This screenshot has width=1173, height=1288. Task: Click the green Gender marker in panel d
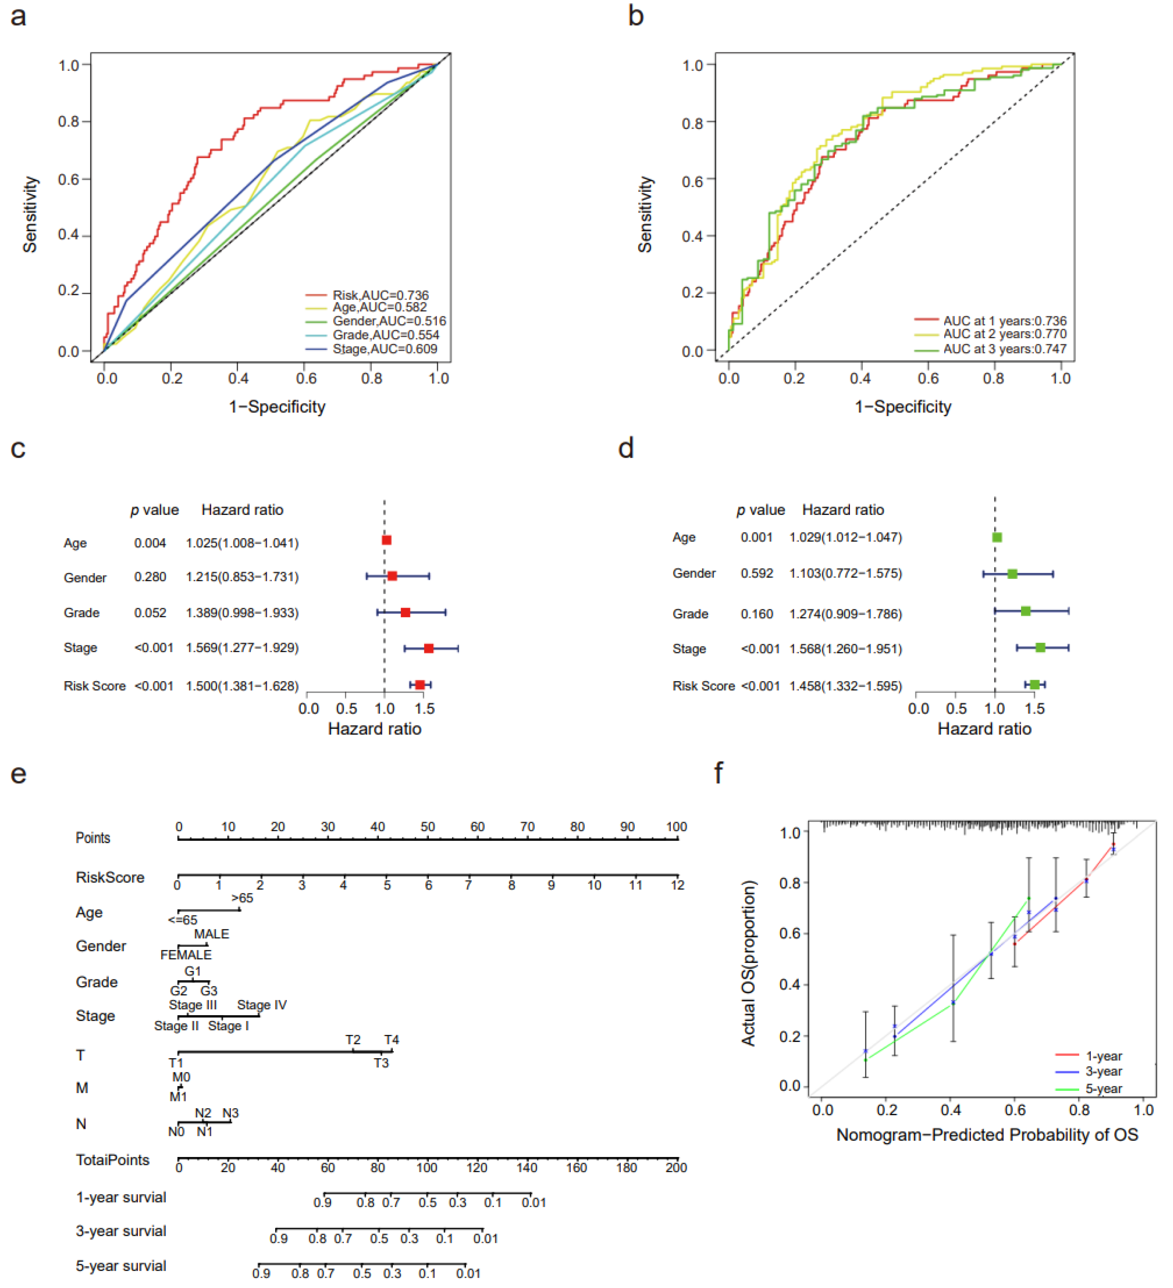[1012, 574]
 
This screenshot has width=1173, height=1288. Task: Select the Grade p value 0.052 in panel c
[150, 613]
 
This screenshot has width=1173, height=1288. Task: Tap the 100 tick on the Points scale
[676, 827]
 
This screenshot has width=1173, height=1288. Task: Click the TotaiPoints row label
[113, 1160]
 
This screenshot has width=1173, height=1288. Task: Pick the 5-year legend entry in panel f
[1103, 1089]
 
